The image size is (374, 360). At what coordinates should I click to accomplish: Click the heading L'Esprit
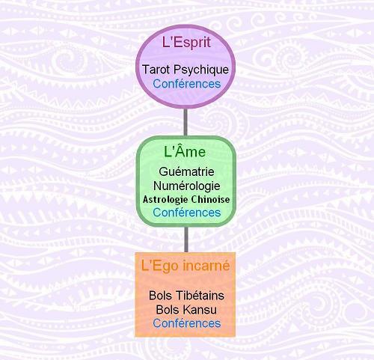186,43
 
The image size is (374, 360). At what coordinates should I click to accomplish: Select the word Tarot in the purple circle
156,70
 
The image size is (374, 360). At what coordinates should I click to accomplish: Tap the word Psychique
201,70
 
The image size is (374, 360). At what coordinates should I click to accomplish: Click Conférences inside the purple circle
187,84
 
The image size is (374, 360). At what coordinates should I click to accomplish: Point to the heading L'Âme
185,150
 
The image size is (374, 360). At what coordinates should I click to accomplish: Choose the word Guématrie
186,171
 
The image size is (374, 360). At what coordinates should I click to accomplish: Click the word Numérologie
186,186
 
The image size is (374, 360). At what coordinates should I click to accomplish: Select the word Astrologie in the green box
165,200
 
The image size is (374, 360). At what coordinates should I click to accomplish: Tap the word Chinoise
210,199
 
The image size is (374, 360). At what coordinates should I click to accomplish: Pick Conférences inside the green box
187,213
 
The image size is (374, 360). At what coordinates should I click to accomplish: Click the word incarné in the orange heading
206,266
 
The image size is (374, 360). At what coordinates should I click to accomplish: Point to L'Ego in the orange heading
161,266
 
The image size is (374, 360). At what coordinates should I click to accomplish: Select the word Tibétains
200,296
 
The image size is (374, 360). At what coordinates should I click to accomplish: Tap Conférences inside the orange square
187,323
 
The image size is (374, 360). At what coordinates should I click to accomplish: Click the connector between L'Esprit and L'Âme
186,122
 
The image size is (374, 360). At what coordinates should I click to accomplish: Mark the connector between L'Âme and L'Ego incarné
186,240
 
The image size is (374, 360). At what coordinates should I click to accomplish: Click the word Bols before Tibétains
161,296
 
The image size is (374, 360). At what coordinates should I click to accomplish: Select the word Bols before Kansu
168,310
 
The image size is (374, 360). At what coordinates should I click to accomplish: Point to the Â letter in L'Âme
180,150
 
